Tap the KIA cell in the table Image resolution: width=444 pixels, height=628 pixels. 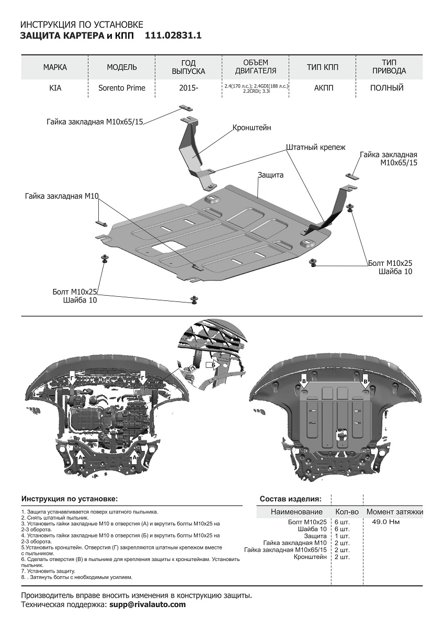[55, 88]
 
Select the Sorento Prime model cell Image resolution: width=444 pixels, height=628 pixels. [122, 88]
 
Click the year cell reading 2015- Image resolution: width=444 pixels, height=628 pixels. [188, 88]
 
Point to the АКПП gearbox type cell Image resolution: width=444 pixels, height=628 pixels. [322, 88]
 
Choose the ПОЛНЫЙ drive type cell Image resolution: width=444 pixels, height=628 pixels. [386, 88]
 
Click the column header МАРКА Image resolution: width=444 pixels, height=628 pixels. [55, 67]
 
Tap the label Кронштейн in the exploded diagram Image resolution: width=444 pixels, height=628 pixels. [252, 128]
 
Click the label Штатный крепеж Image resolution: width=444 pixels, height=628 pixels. [315, 148]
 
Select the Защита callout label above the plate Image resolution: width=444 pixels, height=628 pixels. [270, 175]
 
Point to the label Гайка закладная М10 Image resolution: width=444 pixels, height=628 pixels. [62, 196]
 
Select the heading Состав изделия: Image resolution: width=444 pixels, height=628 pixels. [290, 499]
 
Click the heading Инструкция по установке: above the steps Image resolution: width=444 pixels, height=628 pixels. [70, 499]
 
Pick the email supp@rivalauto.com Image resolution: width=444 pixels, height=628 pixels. [147, 604]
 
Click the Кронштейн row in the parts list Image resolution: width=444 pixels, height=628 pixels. [311, 556]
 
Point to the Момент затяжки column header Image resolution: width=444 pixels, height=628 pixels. [394, 512]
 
